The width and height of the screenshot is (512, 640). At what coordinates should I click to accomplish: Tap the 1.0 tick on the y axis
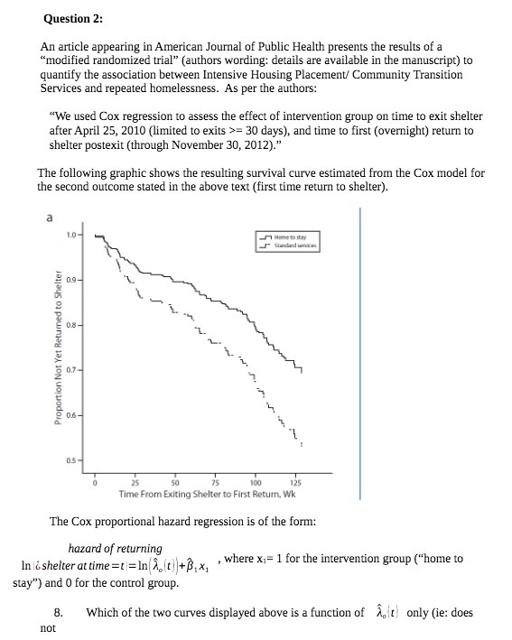tap(70, 236)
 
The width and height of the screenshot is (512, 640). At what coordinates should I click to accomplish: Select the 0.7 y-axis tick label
tap(70, 370)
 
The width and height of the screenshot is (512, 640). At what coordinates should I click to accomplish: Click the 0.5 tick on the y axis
tap(70, 460)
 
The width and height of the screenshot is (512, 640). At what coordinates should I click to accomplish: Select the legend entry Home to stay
tap(291, 237)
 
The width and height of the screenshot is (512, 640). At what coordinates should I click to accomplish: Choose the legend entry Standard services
tap(294, 246)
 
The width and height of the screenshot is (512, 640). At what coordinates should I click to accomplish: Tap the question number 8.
tap(58, 613)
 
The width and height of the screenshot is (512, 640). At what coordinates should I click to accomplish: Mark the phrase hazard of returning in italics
tap(116, 548)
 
